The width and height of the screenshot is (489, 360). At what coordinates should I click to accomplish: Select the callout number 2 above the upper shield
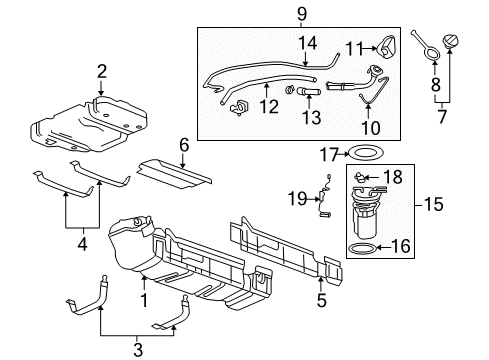point(101,70)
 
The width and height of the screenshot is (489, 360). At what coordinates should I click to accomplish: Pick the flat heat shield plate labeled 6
point(175,171)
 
